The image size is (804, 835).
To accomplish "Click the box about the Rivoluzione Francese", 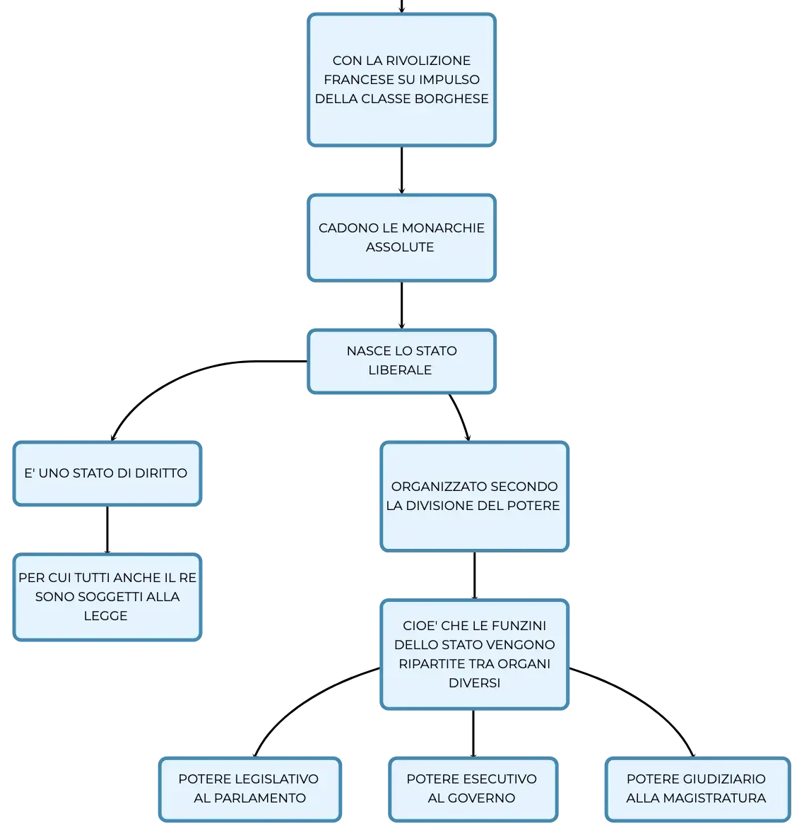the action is pyautogui.click(x=401, y=80).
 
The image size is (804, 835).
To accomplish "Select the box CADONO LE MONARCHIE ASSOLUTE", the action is pyautogui.click(x=401, y=237).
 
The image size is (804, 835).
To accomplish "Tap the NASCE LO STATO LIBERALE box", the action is pyautogui.click(x=401, y=361).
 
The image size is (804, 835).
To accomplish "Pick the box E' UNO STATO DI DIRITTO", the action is pyautogui.click(x=107, y=473).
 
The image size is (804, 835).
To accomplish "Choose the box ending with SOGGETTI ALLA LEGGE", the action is pyautogui.click(x=107, y=597).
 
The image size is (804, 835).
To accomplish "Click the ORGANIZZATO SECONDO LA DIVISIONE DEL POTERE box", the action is pyautogui.click(x=474, y=497).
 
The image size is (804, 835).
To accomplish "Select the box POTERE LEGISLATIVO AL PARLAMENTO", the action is pyautogui.click(x=249, y=789).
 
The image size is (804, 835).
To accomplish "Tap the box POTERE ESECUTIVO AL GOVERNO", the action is pyautogui.click(x=473, y=789).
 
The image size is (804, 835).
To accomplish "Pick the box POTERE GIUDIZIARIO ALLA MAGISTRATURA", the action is pyautogui.click(x=697, y=789).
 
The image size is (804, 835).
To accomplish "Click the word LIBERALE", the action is pyautogui.click(x=400, y=370).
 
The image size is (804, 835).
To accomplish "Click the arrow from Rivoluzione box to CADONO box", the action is pyautogui.click(x=401, y=170).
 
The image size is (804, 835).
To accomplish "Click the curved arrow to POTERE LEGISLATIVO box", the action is pyautogui.click(x=304, y=701).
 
